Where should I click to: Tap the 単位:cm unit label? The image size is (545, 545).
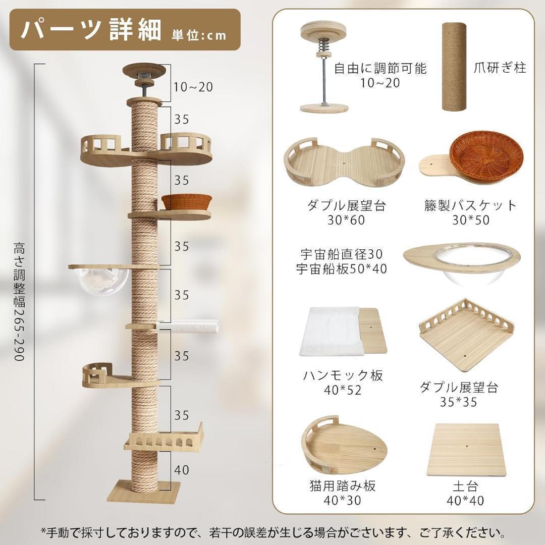pyautogui.click(x=199, y=35)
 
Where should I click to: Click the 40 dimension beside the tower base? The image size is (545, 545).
pyautogui.click(x=182, y=470)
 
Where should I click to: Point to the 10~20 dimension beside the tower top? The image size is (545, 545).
pyautogui.click(x=193, y=87)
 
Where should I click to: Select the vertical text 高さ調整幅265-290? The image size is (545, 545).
pyautogui.click(x=19, y=302)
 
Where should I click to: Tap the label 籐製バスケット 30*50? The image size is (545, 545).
pyautogui.click(x=470, y=212)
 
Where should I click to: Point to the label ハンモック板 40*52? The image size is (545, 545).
pyautogui.click(x=343, y=382)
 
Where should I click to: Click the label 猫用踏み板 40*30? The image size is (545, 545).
pyautogui.click(x=343, y=493)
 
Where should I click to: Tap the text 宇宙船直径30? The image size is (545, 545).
pyautogui.click(x=341, y=254)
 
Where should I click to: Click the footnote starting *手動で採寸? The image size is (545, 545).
pyautogui.click(x=272, y=532)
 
